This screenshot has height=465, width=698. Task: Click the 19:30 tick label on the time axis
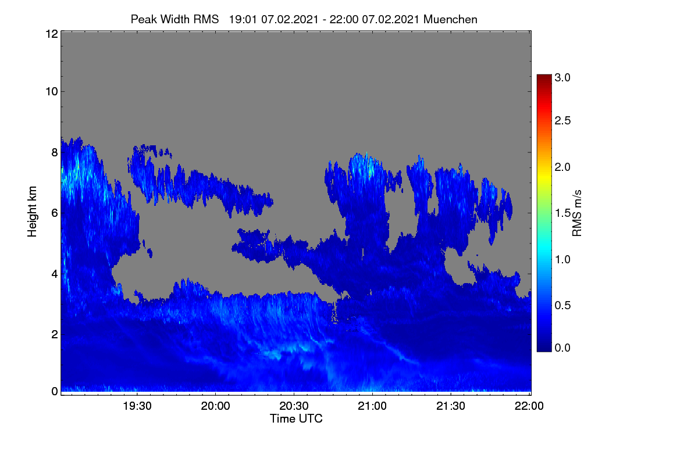(137, 406)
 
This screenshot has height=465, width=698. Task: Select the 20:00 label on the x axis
(216, 406)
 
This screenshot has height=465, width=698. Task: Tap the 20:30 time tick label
(294, 406)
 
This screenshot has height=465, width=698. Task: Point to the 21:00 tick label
(372, 406)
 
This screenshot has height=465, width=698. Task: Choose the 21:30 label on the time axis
(451, 406)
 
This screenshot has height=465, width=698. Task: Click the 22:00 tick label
(529, 406)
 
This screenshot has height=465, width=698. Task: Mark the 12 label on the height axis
(52, 34)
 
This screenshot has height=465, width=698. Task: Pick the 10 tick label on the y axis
(52, 92)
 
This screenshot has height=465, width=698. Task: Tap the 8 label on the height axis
(55, 153)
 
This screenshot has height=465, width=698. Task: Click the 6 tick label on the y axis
(55, 213)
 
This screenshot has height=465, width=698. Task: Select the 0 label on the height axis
(55, 392)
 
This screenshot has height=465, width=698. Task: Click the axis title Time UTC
(296, 419)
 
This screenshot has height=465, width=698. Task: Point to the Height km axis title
(32, 212)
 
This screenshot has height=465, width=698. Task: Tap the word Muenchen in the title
(450, 20)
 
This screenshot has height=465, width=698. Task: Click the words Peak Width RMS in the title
(175, 20)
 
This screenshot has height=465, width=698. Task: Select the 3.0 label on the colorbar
(562, 77)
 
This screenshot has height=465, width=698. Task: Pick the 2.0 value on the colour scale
(562, 167)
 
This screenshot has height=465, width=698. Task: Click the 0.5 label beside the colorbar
(562, 306)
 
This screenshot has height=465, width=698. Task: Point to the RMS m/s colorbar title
(577, 213)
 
